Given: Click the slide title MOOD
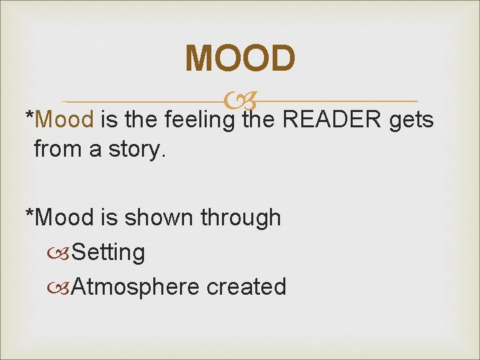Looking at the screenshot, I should pyautogui.click(x=240, y=58).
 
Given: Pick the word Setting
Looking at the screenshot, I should pyautogui.click(x=108, y=253).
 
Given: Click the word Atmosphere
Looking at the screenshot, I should pyautogui.click(x=135, y=287).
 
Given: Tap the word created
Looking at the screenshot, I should pyautogui.click(x=247, y=287).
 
